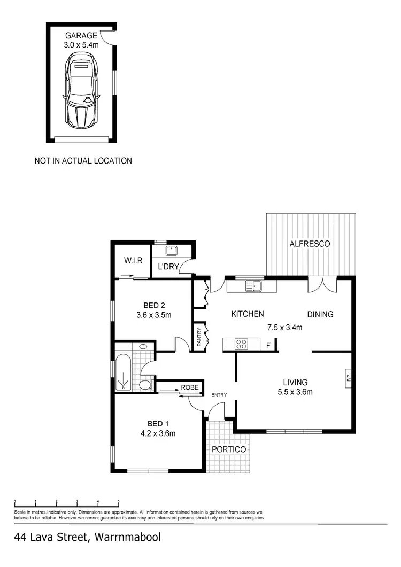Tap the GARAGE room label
tap(81, 36)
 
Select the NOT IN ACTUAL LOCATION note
tap(83, 160)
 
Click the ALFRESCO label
tap(310, 244)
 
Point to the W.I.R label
tap(132, 260)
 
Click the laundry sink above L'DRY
tap(172, 250)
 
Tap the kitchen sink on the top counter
tap(252, 286)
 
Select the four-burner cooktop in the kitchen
tap(241, 345)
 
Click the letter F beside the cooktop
tap(268, 346)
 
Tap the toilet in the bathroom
tap(145, 384)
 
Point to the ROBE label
tap(190, 387)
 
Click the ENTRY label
tap(219, 395)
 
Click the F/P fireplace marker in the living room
tap(348, 378)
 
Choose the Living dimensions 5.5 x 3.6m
tap(295, 392)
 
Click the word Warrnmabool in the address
tap(127, 537)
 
